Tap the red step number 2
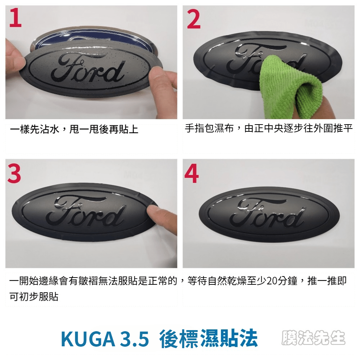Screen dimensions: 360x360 [194, 19]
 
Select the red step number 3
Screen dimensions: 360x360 [14, 174]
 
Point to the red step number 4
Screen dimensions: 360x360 [192, 174]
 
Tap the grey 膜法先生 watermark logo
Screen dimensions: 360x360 [314, 338]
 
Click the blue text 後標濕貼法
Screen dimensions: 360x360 [208, 338]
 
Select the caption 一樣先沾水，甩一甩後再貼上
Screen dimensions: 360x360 [74, 129]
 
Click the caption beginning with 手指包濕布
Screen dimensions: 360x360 [269, 128]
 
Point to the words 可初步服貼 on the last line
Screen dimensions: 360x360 [34, 296]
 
